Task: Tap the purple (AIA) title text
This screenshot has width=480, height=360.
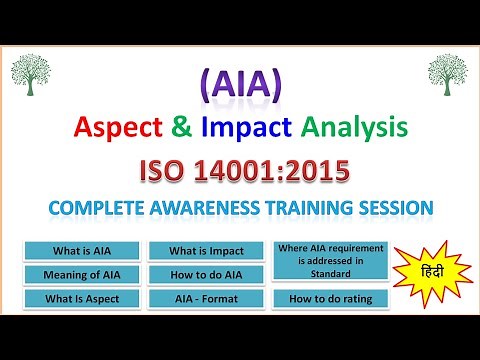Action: pyautogui.click(x=239, y=84)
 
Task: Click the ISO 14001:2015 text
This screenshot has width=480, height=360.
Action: pyautogui.click(x=239, y=170)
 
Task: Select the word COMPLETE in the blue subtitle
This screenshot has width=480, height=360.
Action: pyautogui.click(x=91, y=209)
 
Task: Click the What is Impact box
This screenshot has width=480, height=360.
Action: pyautogui.click(x=206, y=251)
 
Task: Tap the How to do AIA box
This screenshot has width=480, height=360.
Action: pyautogui.click(x=206, y=274)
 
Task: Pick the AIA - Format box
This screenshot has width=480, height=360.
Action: pyautogui.click(x=206, y=298)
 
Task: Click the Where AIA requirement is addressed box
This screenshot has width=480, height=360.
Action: pyautogui.click(x=329, y=262)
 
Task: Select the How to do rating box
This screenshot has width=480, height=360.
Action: pyautogui.click(x=329, y=298)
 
